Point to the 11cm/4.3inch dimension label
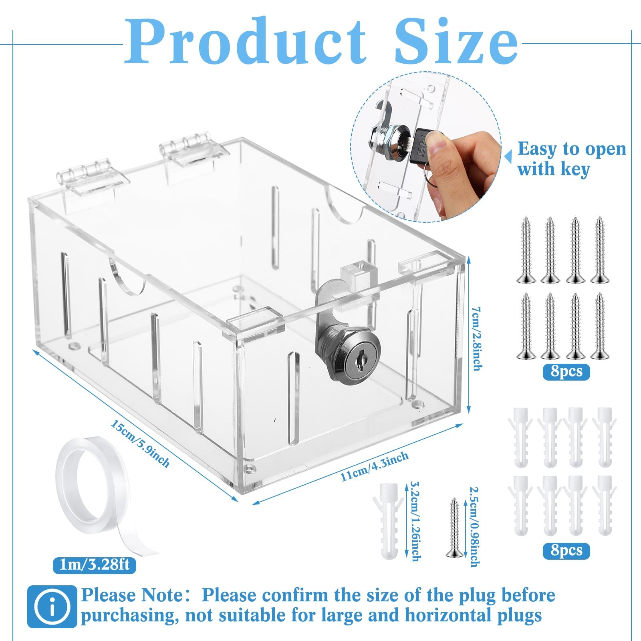pos(375,466)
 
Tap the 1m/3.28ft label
pos(94,565)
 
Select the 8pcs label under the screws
pos(566,371)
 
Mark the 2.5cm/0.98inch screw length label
pos(474,526)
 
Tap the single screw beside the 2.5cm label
pos(454,527)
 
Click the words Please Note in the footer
pos(132,596)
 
